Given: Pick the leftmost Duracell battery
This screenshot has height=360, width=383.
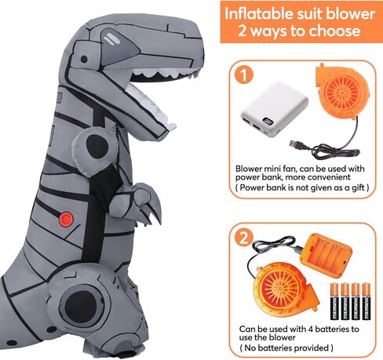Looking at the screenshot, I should (334, 302).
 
